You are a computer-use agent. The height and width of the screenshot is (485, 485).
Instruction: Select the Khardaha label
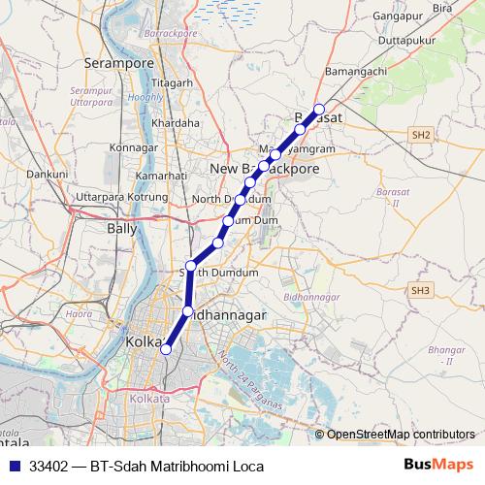[176, 123]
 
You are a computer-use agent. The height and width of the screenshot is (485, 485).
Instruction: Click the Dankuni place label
[47, 174]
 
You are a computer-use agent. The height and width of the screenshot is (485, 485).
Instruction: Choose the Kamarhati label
[161, 176]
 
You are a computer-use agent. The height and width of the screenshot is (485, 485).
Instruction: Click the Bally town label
[121, 229]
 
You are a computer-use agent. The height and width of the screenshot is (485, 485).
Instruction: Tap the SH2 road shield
[419, 135]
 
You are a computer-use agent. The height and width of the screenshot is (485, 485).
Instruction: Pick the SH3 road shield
[419, 290]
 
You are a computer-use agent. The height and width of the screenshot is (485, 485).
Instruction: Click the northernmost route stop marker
[318, 110]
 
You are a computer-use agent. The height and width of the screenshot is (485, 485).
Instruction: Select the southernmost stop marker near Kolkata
[166, 349]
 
